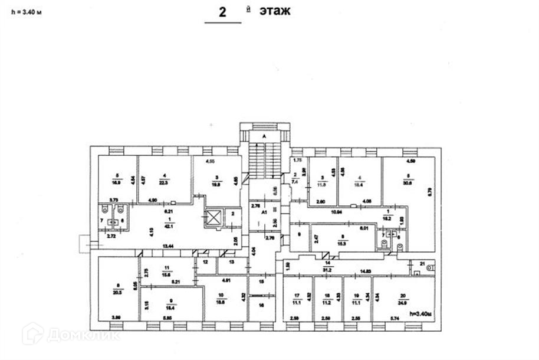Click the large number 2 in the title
pyautogui.click(x=223, y=13)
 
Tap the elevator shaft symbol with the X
pyautogui.click(x=213, y=218)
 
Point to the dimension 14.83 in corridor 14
pyautogui.click(x=366, y=271)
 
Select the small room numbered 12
pyautogui.click(x=205, y=261)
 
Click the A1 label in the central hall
pyautogui.click(x=265, y=211)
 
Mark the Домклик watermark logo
pyautogui.click(x=71, y=335)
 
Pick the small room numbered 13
pyautogui.click(x=231, y=261)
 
